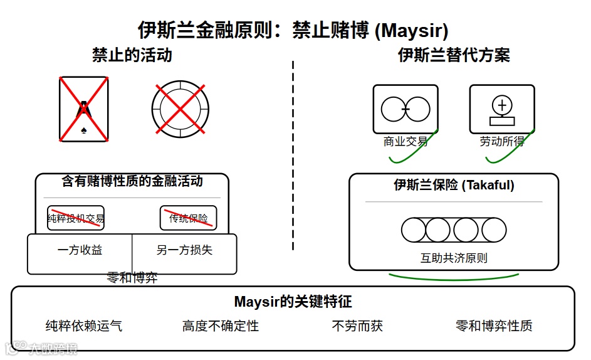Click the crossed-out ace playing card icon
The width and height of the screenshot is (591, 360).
click(83, 109)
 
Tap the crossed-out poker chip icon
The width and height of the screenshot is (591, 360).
click(180, 109)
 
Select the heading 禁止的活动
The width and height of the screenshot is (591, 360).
click(132, 55)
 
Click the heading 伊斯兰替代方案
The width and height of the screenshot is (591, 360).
click(454, 55)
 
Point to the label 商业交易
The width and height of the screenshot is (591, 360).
click(405, 142)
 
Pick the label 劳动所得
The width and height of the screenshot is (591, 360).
click(502, 142)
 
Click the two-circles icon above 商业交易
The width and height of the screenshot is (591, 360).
click(405, 109)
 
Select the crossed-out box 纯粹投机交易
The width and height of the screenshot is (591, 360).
click(76, 218)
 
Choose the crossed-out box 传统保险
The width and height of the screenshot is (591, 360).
click(188, 218)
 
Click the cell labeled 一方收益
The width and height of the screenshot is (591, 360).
click(80, 250)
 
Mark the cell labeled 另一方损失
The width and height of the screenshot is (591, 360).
click(184, 250)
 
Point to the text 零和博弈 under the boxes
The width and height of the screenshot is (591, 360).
click(132, 278)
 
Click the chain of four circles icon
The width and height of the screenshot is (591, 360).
click(454, 230)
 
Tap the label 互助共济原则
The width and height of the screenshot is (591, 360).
click(454, 258)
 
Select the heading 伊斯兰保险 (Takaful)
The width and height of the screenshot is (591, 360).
click(454, 185)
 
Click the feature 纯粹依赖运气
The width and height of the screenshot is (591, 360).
click(84, 326)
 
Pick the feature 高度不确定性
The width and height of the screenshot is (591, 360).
click(221, 326)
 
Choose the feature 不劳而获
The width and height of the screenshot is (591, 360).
click(357, 326)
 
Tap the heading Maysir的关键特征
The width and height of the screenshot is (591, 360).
click(293, 302)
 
